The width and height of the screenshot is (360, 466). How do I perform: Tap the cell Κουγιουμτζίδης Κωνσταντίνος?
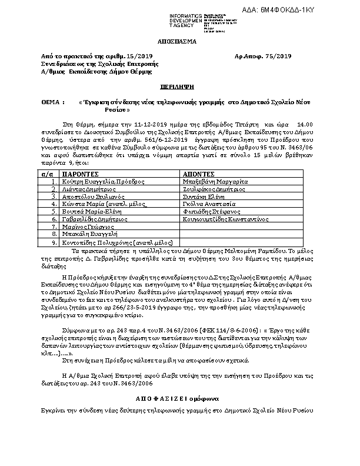[226, 219]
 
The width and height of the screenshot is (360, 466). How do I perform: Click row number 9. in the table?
[54, 241]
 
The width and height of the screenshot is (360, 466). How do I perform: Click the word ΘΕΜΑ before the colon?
[51, 102]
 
